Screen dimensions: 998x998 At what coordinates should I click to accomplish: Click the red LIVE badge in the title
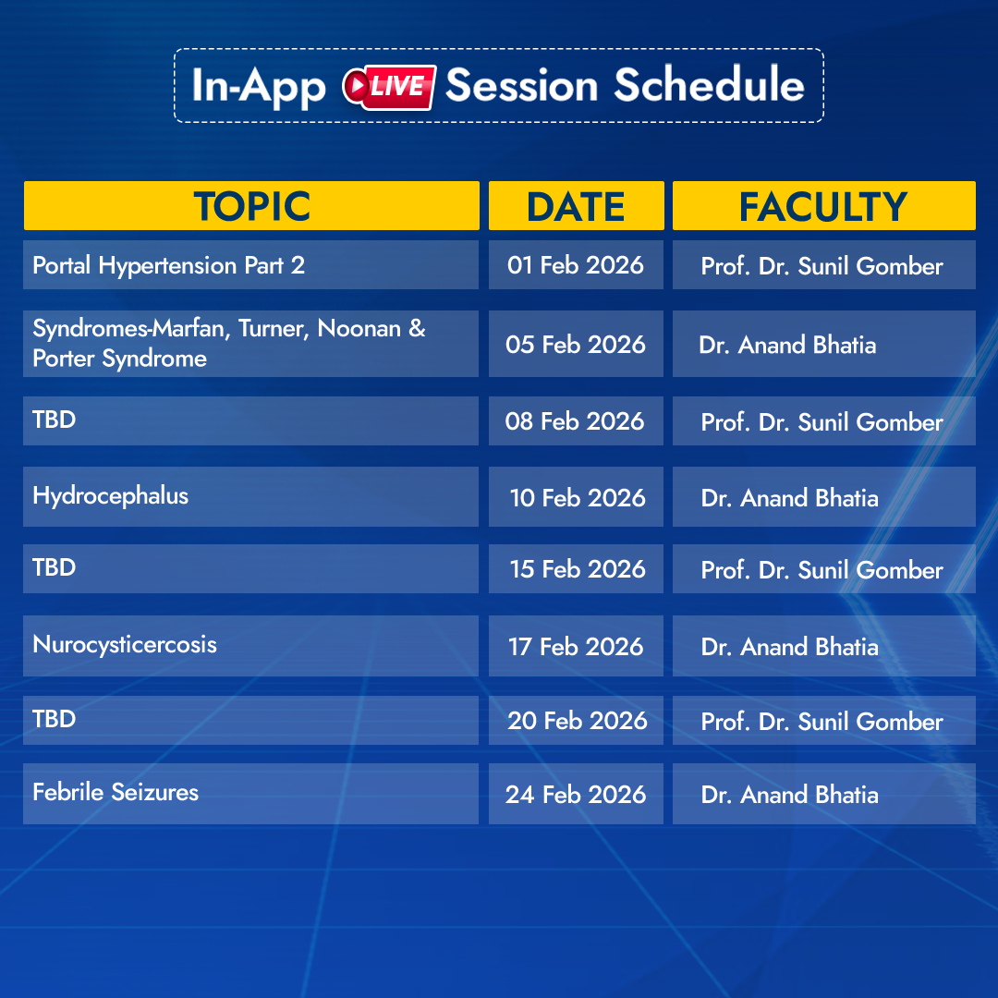[x=389, y=87]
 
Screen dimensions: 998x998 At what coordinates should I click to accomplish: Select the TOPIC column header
[x=251, y=205]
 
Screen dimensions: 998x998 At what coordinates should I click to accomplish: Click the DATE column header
[x=576, y=205]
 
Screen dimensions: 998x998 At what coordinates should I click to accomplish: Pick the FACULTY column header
[x=823, y=205]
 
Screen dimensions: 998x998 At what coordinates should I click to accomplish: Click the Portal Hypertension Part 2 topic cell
[x=250, y=265]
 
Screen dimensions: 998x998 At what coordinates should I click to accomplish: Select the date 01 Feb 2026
[x=576, y=265]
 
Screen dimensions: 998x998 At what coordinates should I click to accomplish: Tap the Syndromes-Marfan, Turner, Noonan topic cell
[x=250, y=344]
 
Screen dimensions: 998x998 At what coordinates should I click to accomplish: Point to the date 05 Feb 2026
[x=576, y=344]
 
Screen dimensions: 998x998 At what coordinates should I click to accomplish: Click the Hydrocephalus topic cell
[x=250, y=496]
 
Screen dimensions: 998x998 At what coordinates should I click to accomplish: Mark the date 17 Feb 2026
[x=576, y=645]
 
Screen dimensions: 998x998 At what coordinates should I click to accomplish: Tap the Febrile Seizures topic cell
[x=250, y=794]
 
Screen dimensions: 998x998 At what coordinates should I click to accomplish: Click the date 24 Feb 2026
[x=576, y=794]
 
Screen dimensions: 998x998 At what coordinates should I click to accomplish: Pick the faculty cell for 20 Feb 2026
[x=823, y=721]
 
